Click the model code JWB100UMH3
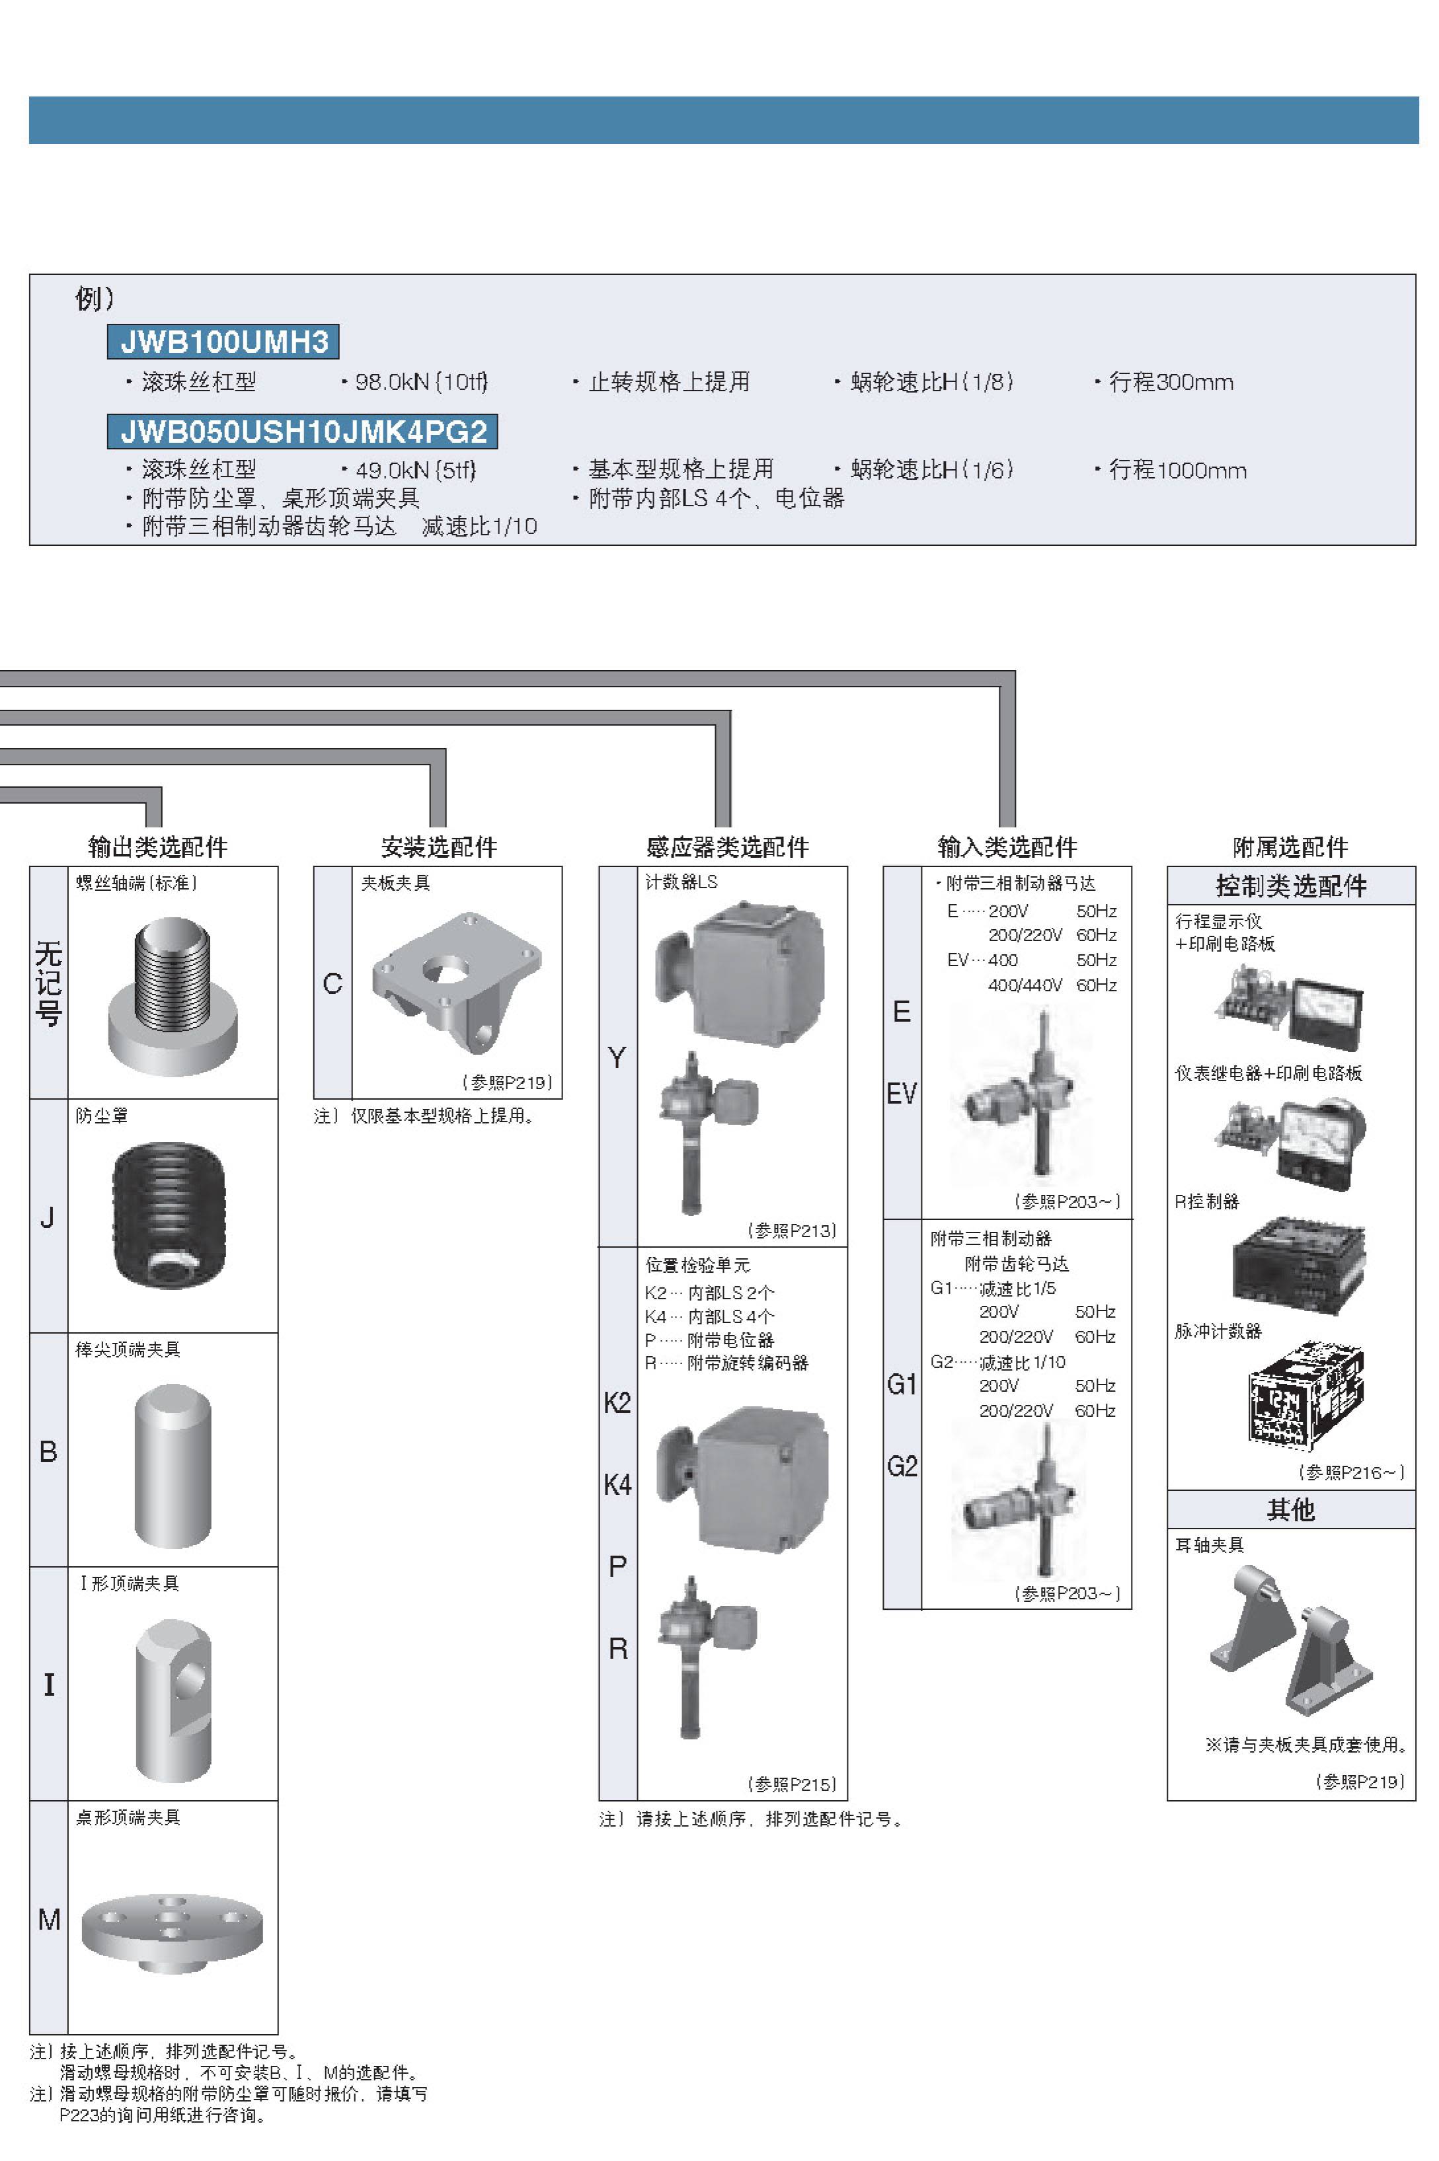pyautogui.click(x=223, y=342)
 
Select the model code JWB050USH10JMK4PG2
pyautogui.click(x=303, y=432)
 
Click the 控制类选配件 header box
pyautogui.click(x=1290, y=886)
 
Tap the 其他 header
pyautogui.click(x=1290, y=1509)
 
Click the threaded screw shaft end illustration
pyautogui.click(x=173, y=996)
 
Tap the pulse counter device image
pyautogui.click(x=1305, y=1395)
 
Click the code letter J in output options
pyautogui.click(x=48, y=1218)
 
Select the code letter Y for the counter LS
pyautogui.click(x=617, y=1058)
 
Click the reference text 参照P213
pyautogui.click(x=792, y=1230)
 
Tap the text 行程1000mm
pyautogui.click(x=1177, y=471)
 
